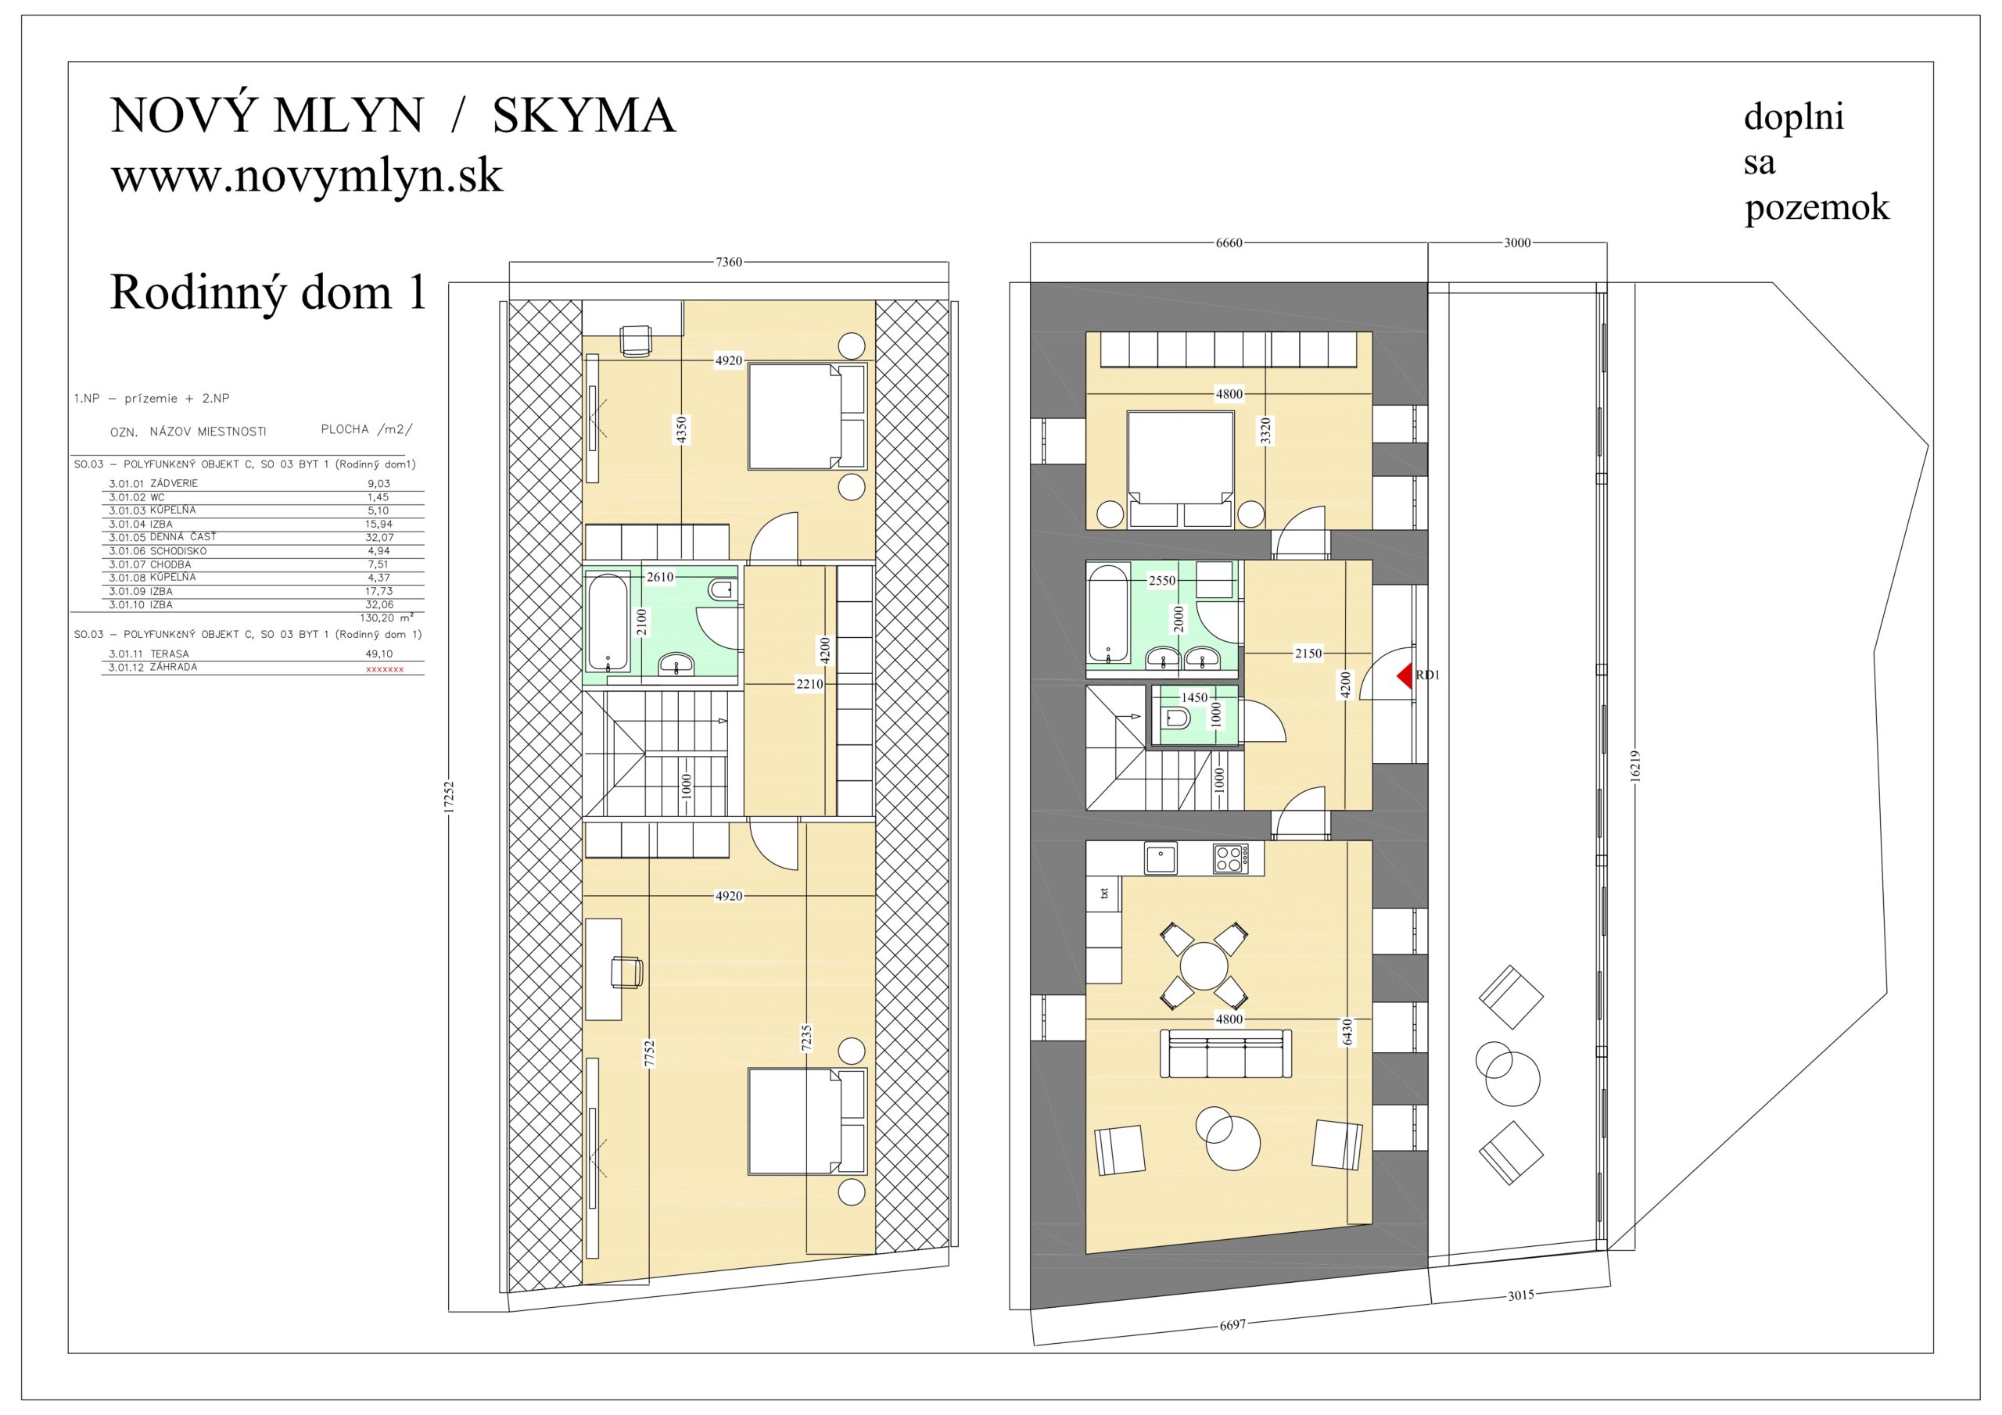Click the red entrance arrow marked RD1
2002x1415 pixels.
point(1405,675)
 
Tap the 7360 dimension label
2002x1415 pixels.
point(729,262)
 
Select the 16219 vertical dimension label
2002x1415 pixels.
point(1635,766)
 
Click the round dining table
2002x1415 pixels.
point(1204,966)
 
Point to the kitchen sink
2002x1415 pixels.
point(1160,858)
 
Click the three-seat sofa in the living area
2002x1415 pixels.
point(1225,1053)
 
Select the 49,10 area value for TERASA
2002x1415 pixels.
point(379,654)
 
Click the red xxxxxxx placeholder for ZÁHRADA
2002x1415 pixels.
point(385,669)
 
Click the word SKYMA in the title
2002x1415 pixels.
point(584,116)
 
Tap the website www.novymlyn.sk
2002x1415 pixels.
point(307,176)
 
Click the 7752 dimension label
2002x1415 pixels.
point(650,1054)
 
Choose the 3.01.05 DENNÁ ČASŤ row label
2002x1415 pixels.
point(162,537)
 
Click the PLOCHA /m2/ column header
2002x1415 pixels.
point(367,430)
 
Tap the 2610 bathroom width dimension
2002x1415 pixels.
point(660,577)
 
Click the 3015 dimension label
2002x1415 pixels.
point(1521,1295)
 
